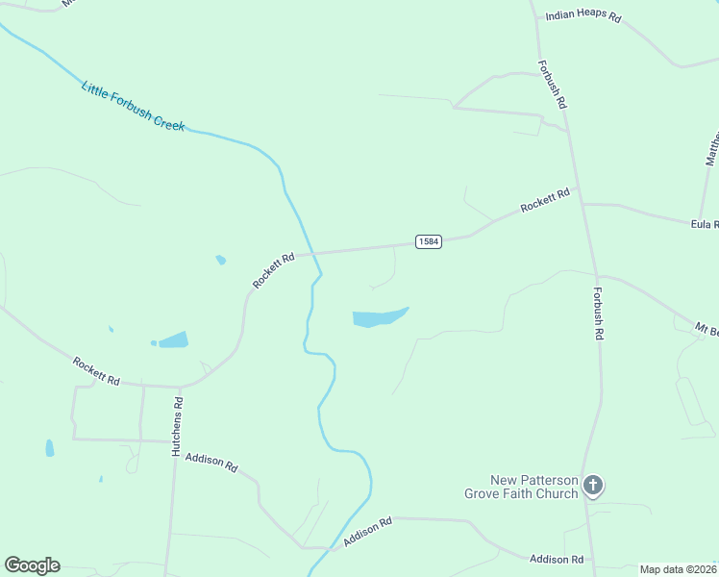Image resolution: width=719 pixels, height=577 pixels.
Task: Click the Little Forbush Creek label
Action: (x=133, y=107)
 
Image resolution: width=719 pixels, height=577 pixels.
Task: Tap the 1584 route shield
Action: (x=429, y=241)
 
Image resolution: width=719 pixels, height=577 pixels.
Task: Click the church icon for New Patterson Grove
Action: (x=593, y=486)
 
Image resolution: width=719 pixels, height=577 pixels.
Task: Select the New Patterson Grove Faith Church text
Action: (x=521, y=487)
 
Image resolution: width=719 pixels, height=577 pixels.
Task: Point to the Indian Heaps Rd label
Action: (x=583, y=16)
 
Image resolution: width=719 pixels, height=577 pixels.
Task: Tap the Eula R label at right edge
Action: (x=705, y=223)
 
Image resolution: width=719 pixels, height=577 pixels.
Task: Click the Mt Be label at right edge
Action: (x=707, y=330)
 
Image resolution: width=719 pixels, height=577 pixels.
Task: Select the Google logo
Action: (x=32, y=565)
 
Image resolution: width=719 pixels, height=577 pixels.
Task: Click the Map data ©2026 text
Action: (x=679, y=569)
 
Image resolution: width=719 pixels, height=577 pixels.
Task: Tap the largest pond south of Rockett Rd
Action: (x=379, y=317)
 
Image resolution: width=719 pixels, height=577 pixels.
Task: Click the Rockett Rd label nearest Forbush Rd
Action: (x=545, y=201)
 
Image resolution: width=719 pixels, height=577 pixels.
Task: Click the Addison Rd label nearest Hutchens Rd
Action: (x=211, y=463)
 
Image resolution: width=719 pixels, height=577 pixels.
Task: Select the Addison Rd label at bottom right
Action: (x=557, y=559)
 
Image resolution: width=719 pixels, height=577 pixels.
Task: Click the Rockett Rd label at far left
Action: (x=96, y=371)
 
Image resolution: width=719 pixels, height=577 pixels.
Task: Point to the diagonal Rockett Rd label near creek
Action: (x=274, y=270)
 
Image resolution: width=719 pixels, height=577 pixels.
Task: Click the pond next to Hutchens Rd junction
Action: (x=173, y=339)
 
